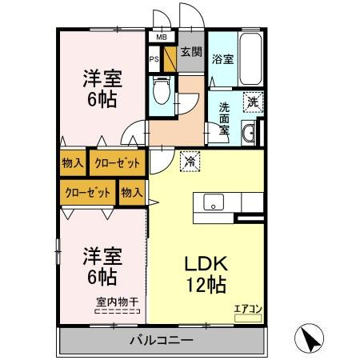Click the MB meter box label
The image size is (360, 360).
coord(161,37)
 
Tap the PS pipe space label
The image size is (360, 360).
coord(154,58)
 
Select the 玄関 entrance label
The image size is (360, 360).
coord(190,54)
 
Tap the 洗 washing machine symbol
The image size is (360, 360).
coord(252,102)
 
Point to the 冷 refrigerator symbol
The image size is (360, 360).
coord(190,161)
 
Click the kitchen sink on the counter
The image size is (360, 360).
coord(214,202)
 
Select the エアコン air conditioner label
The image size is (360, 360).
coord(247,308)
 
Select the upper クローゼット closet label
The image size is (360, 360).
coord(117,163)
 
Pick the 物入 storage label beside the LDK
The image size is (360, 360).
coord(132,192)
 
